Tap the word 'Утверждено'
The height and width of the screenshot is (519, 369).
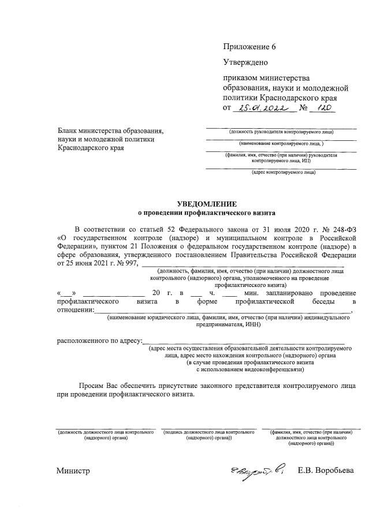(245, 61)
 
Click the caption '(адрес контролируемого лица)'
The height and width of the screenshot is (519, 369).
(282, 172)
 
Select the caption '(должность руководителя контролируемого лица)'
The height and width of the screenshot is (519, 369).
(282, 132)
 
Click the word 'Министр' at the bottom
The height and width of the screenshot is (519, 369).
(73, 471)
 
